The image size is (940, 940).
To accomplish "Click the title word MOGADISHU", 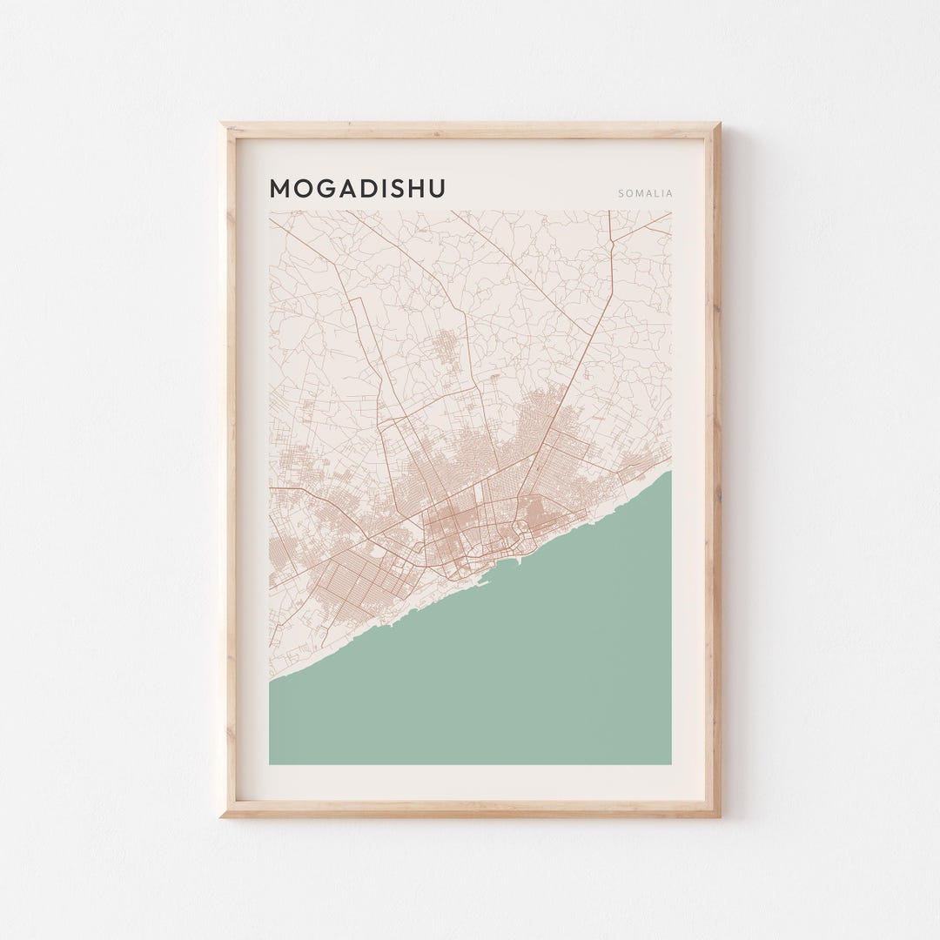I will (357, 189).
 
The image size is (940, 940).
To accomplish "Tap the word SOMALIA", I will (645, 193).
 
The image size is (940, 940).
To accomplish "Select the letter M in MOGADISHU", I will (280, 189).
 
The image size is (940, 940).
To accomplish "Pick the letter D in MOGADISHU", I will (369, 189).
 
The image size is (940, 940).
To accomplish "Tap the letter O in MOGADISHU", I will (304, 189).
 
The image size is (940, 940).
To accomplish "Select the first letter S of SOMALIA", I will (621, 193).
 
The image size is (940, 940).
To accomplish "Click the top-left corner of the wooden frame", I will (222, 124).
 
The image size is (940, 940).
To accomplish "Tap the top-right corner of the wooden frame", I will (719, 124).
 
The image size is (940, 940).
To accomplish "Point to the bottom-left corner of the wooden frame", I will (222, 816).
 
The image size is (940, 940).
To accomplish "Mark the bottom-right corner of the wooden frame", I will (719, 816).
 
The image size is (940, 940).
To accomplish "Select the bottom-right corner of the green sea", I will (670, 763).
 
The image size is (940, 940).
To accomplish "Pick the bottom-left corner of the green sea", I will (271, 763).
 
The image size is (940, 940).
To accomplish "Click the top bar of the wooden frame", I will (470, 131).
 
